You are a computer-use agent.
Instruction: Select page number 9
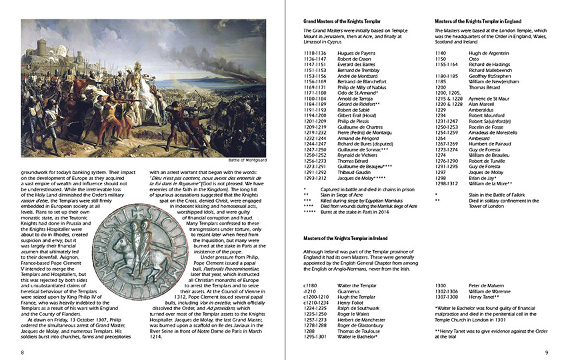click(546, 352)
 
